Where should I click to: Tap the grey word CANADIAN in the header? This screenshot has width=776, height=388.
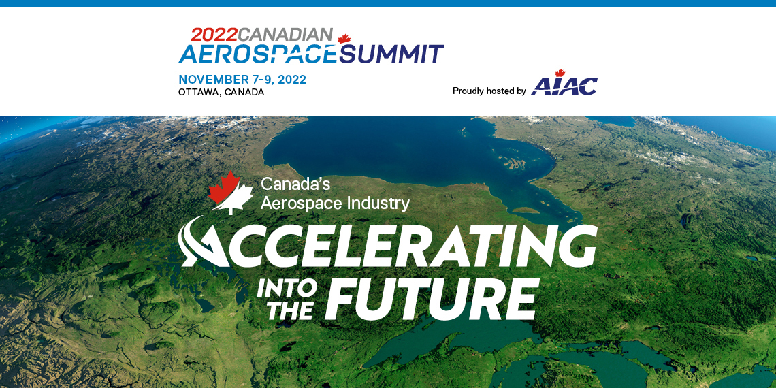tap(285, 34)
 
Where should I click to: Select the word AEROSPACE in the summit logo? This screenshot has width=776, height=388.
tap(259, 54)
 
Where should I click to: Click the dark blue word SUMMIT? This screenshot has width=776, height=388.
tap(391, 54)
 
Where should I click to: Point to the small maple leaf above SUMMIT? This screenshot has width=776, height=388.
tap(344, 39)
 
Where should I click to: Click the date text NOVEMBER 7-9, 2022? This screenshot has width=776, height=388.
tap(242, 80)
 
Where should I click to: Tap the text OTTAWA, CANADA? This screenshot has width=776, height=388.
tap(221, 93)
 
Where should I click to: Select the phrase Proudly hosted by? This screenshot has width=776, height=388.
tap(489, 91)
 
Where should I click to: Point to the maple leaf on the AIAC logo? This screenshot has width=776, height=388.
tap(560, 74)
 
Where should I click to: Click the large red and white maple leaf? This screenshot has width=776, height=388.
tap(230, 193)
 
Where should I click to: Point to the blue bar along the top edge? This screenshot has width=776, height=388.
tap(388, 3)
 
